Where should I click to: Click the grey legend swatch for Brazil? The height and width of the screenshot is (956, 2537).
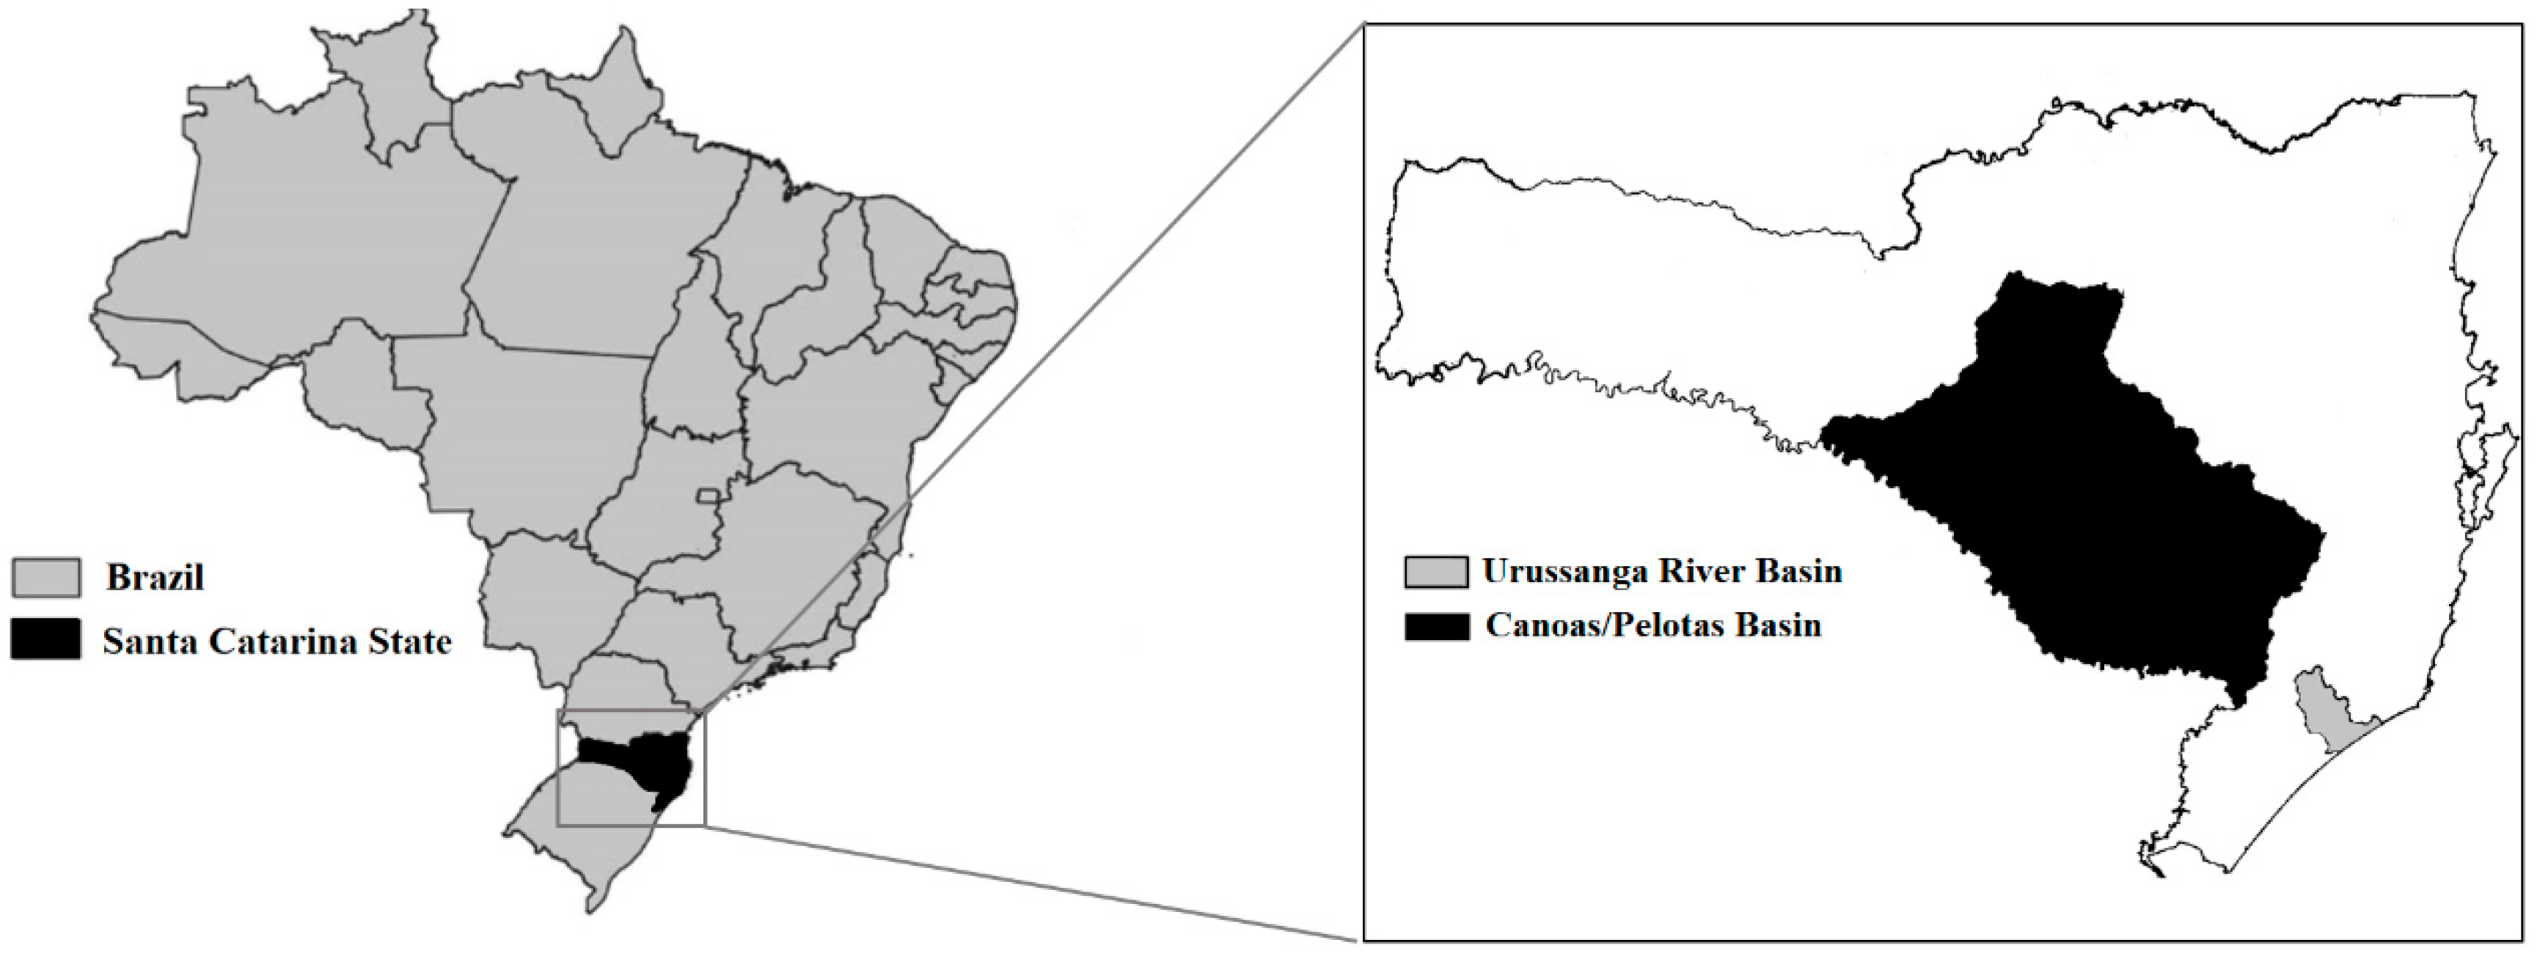(x=46, y=577)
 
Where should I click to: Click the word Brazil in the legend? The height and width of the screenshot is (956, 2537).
(x=155, y=577)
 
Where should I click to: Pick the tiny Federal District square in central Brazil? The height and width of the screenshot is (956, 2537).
(x=706, y=494)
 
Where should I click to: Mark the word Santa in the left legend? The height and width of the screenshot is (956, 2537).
(x=147, y=642)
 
